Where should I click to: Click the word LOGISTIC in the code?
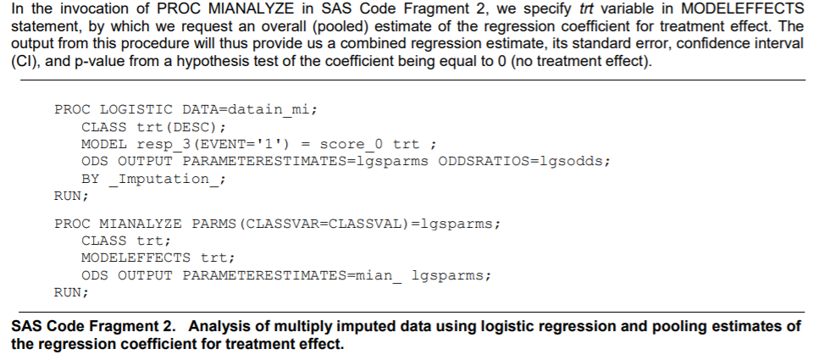135,109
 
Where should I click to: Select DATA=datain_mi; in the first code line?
250,110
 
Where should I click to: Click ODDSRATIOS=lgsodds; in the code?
524,161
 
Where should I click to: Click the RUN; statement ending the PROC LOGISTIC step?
71,196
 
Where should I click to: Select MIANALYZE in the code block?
141,224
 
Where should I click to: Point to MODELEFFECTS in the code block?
135,258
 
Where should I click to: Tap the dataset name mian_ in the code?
379,275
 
